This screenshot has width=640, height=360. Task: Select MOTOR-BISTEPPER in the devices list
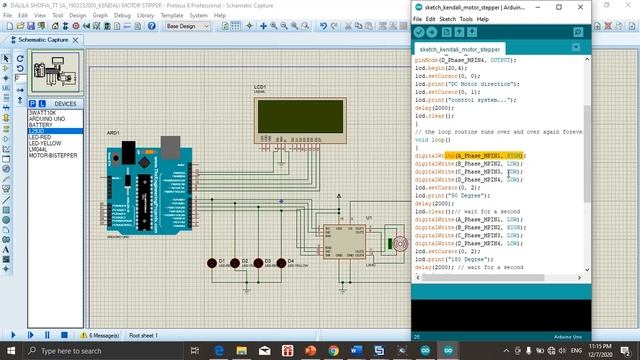[51, 156]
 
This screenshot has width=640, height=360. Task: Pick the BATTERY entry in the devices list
[41, 126]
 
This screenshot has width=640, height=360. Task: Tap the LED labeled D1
[212, 262]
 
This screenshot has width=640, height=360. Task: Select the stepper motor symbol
[398, 243]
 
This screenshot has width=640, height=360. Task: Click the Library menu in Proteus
[147, 15]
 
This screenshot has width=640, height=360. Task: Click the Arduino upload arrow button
[433, 33]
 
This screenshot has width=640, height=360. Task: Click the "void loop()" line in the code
[435, 140]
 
